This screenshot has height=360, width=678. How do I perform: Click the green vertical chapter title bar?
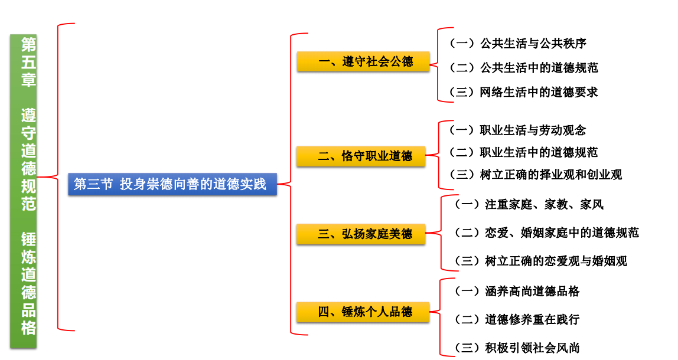tap(23, 189)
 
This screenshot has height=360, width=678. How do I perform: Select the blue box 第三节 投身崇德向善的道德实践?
tap(171, 184)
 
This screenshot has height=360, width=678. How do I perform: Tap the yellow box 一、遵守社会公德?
tap(363, 61)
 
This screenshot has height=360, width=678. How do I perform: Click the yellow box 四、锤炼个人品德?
tap(362, 312)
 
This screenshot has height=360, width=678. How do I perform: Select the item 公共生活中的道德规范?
tap(523, 68)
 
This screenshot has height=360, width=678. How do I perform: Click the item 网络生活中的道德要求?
tap(523, 92)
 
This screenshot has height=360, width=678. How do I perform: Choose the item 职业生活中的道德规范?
tap(523, 152)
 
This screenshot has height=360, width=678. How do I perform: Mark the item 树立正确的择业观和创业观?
tap(535, 175)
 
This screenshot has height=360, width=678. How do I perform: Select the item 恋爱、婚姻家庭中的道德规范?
tap(546, 233)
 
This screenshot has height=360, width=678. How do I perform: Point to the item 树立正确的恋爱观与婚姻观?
tap(540, 261)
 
